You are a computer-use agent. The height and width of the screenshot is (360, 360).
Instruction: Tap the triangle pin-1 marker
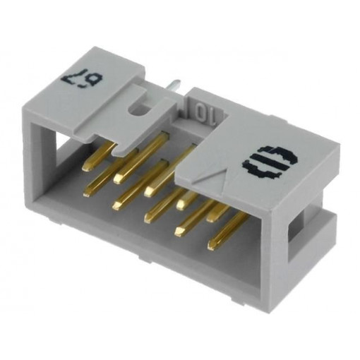(x=214, y=184)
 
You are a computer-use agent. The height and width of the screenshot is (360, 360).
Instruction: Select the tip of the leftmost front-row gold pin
(x=88, y=192)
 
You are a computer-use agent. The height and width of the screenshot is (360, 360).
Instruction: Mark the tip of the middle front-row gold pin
(x=149, y=218)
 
